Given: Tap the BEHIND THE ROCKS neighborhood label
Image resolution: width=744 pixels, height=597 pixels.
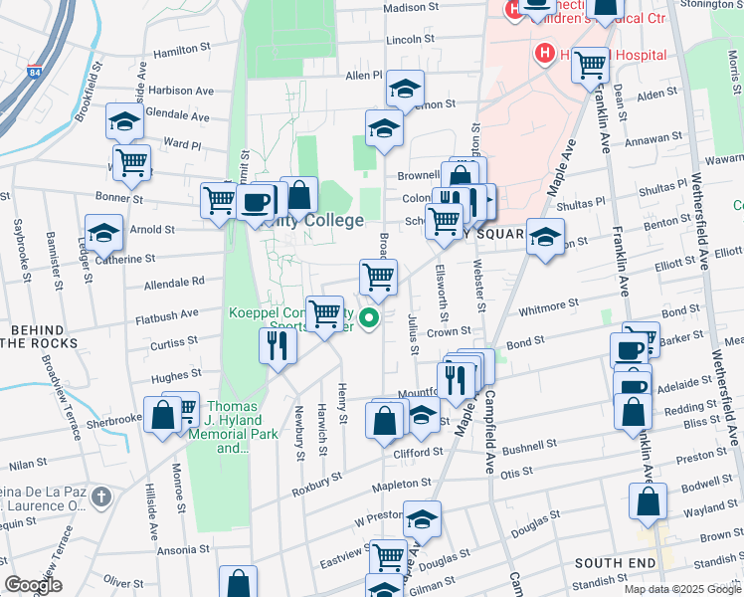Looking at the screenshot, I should (37, 336).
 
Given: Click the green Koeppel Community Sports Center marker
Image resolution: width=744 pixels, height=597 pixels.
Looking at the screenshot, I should (369, 318).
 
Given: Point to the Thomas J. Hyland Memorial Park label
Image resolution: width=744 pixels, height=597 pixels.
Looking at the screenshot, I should (232, 427).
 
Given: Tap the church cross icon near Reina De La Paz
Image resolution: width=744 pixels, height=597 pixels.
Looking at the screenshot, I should (100, 496).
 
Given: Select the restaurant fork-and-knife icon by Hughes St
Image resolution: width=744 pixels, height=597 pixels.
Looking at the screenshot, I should (278, 345).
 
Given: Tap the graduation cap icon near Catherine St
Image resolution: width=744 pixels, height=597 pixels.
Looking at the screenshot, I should (103, 234).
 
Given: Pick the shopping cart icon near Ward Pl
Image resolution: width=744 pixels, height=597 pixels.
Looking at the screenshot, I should (131, 161).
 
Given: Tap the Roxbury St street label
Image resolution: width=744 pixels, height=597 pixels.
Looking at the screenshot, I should (317, 491).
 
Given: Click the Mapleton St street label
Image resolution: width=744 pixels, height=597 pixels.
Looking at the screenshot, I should (402, 483).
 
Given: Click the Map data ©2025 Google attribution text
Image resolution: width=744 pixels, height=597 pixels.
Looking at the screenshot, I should (680, 589).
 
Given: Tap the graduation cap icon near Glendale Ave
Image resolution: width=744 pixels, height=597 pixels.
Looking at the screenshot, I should (124, 121).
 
